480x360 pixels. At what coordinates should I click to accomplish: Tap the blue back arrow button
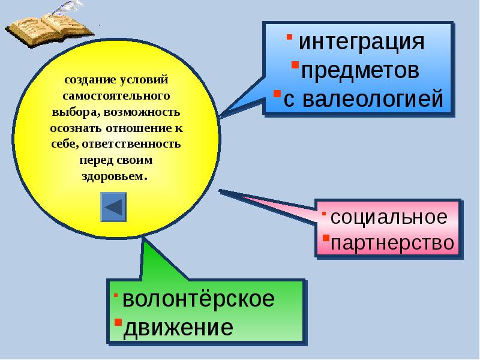point(113,207)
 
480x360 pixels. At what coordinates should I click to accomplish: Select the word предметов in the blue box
point(359,71)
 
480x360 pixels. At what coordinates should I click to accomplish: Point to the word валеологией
point(369,99)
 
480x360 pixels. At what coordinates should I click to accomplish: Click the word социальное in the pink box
point(389,217)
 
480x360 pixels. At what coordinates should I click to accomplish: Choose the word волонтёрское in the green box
point(198,299)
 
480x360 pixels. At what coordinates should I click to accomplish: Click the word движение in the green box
point(178,328)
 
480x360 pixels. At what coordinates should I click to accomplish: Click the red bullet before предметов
point(295,64)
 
